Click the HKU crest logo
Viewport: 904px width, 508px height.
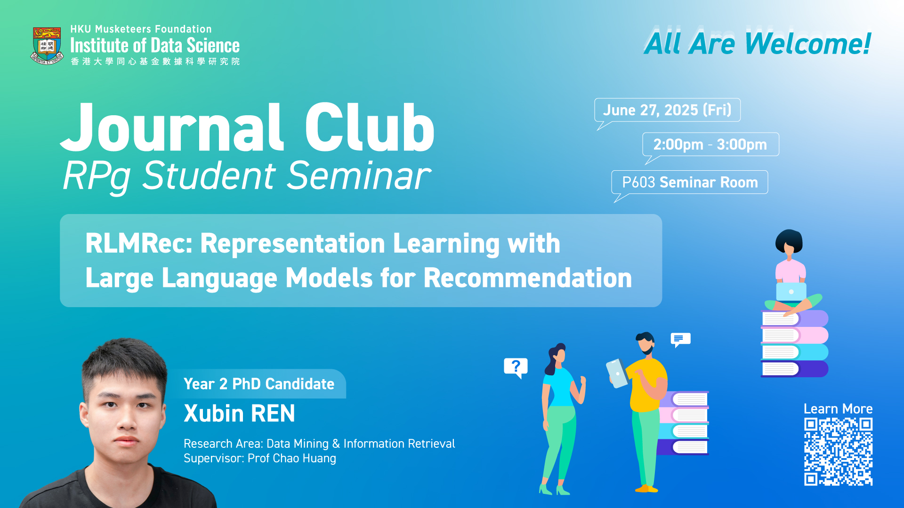(x=47, y=46)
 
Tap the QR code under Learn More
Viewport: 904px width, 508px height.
(x=838, y=452)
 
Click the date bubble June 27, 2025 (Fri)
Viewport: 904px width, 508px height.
(x=667, y=110)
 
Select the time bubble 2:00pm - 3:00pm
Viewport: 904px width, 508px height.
(x=710, y=144)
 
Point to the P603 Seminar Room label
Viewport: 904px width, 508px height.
(x=690, y=182)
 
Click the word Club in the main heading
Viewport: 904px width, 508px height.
(x=370, y=128)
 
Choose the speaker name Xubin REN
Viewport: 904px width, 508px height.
(x=239, y=413)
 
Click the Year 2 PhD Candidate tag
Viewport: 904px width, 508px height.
(x=259, y=384)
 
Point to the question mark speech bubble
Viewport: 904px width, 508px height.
(x=516, y=367)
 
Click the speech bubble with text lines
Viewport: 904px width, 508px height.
(x=680, y=339)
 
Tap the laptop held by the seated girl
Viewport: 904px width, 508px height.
(x=791, y=292)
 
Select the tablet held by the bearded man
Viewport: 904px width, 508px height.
(x=617, y=373)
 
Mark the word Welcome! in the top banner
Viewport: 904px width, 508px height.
(x=808, y=44)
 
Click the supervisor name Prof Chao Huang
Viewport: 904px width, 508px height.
(x=292, y=458)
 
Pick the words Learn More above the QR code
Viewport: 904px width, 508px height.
(x=838, y=409)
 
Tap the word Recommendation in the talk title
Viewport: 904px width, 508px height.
(x=528, y=278)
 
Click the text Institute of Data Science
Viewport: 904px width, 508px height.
(x=155, y=46)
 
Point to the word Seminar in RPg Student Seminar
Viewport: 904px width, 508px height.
(x=359, y=175)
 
